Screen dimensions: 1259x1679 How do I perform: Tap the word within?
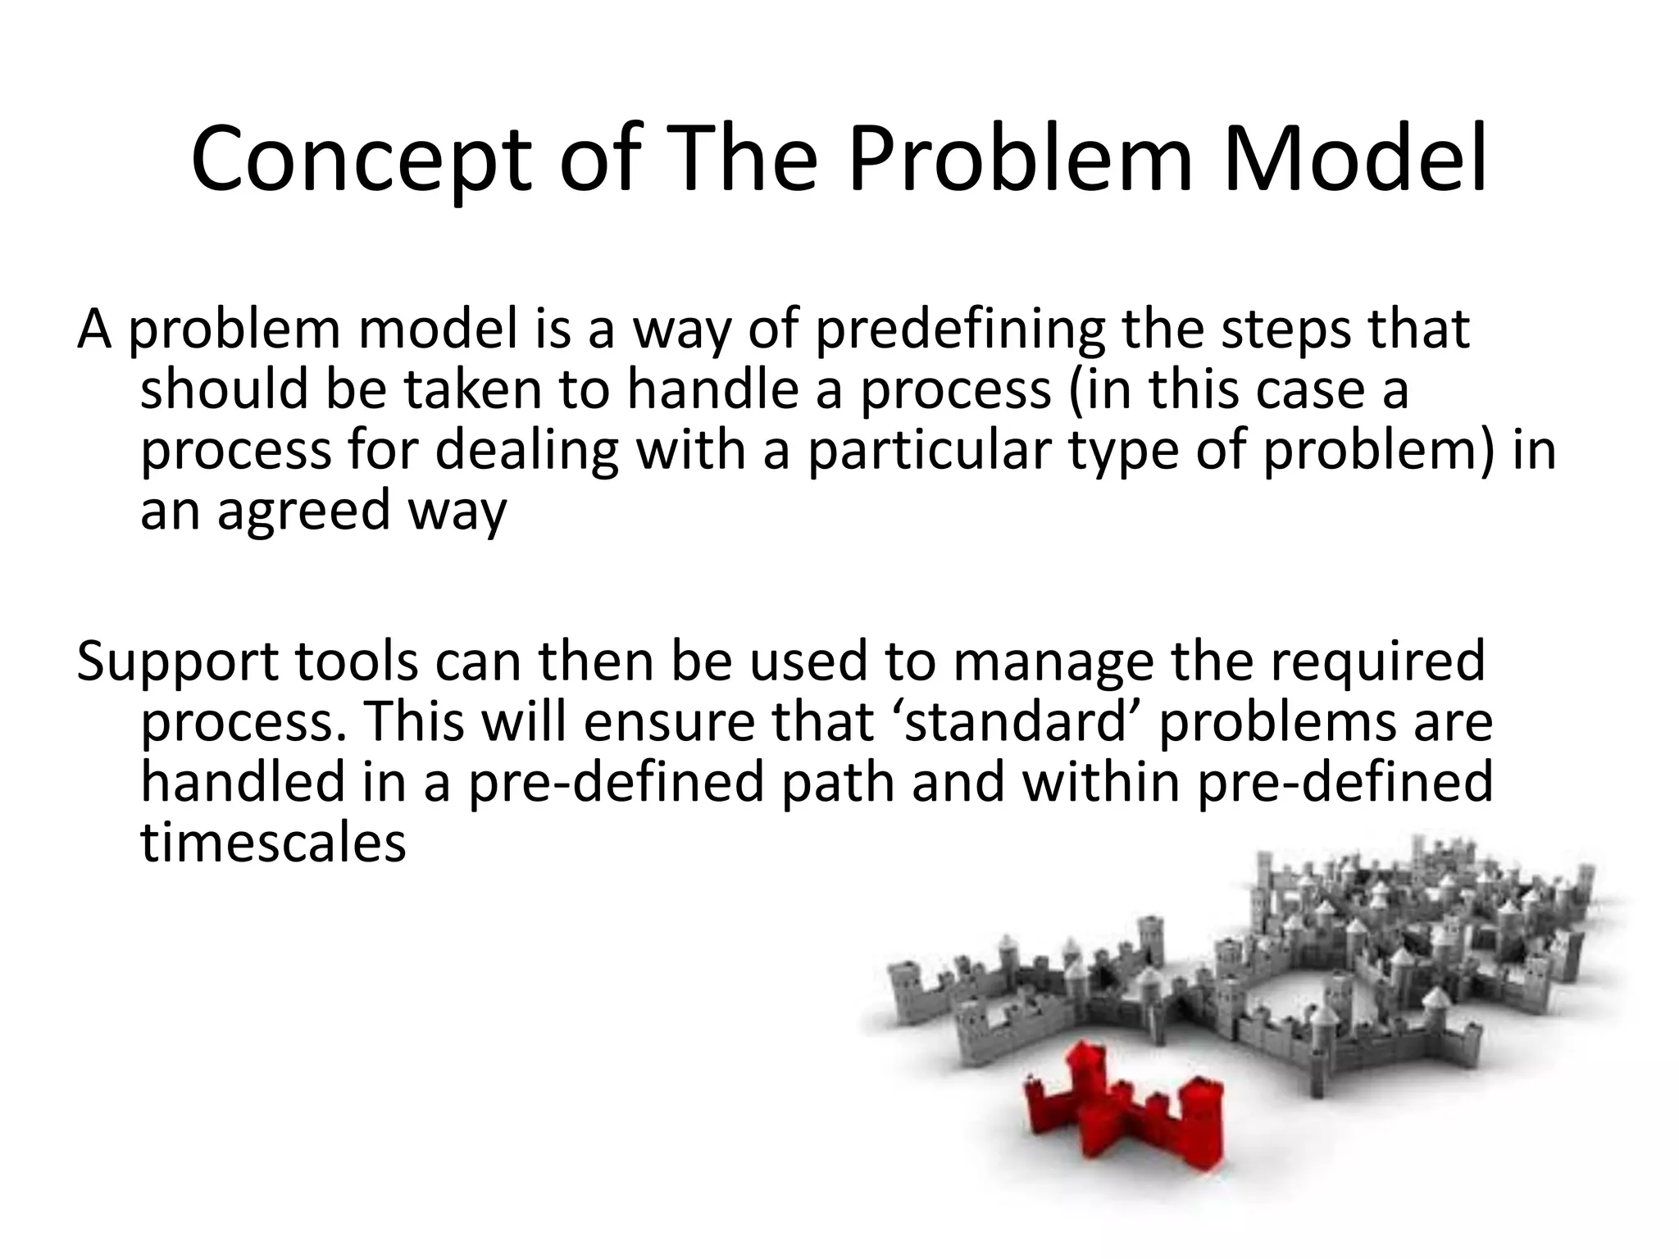point(1099,783)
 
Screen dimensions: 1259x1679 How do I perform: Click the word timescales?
point(273,843)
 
